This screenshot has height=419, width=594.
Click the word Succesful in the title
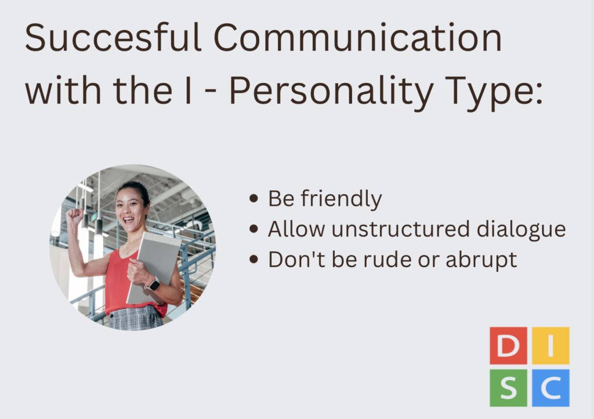click(113, 37)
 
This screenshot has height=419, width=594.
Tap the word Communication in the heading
click(357, 37)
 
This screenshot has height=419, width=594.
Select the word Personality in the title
click(331, 91)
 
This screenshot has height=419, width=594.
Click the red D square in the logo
click(508, 345)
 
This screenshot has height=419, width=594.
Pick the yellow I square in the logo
click(550, 345)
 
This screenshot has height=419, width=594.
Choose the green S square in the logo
click(508, 388)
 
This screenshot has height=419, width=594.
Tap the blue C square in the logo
click(550, 388)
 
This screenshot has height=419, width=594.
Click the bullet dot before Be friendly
click(254, 198)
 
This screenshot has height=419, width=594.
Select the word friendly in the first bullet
click(341, 199)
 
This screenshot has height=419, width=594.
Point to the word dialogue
click(521, 229)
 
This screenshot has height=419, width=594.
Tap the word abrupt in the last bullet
click(481, 260)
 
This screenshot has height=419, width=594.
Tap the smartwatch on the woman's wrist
click(153, 284)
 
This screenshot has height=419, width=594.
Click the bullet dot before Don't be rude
click(254, 259)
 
